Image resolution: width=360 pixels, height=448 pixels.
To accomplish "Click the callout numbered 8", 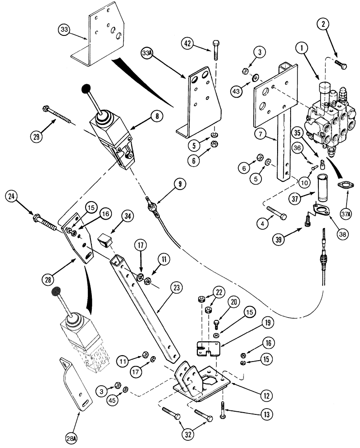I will tap(157, 116).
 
